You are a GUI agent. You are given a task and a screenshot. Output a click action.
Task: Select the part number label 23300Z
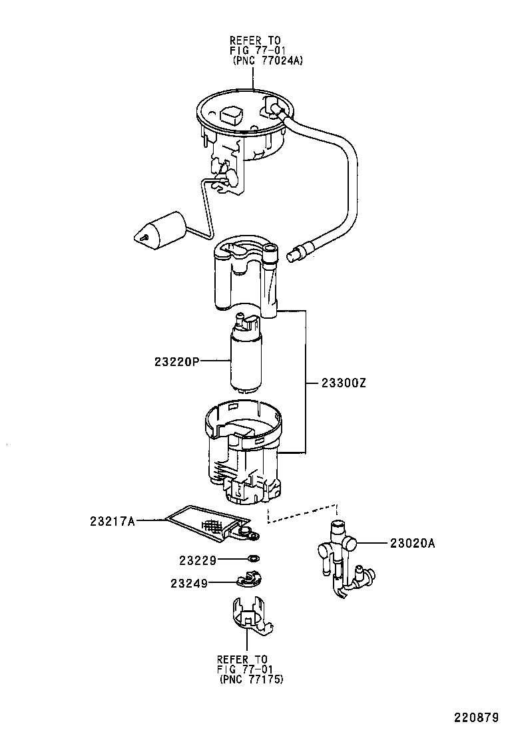point(344,383)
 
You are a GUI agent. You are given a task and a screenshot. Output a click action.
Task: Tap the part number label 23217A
point(113,521)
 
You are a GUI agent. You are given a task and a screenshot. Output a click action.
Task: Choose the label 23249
point(189,583)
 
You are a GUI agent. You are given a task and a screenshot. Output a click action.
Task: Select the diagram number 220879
point(476,718)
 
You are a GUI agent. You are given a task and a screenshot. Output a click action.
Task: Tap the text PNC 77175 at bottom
point(250,679)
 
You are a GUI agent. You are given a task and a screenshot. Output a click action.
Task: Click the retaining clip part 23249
point(250,580)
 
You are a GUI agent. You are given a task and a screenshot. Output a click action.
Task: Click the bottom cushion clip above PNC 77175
point(250,616)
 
